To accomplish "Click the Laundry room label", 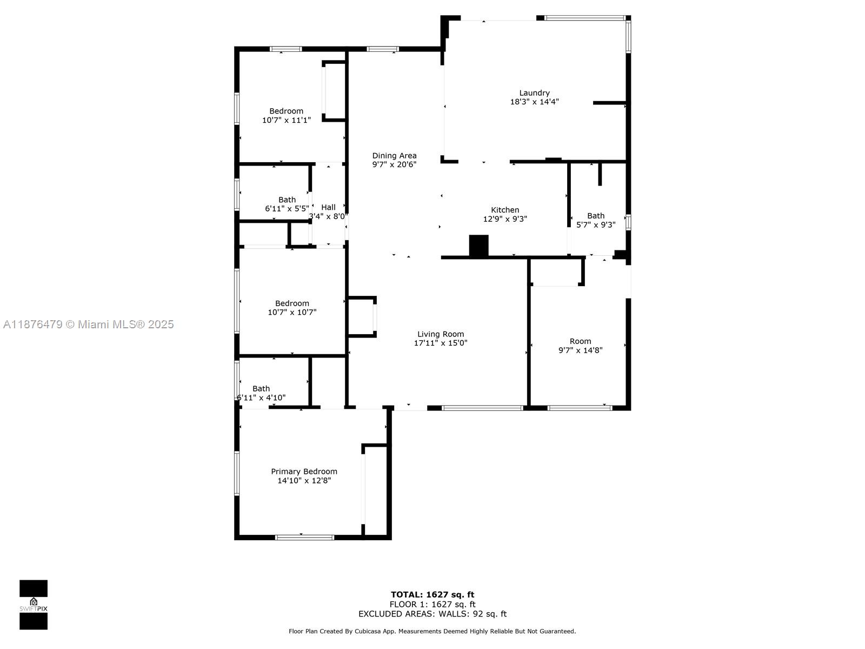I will click(x=534, y=93).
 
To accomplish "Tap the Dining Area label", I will click(x=394, y=156).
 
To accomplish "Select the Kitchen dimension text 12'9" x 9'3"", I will click(x=505, y=219).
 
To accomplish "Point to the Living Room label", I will click(x=441, y=334).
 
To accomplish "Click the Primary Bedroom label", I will click(x=304, y=472).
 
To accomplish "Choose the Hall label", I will click(x=328, y=207).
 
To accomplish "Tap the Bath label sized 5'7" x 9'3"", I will click(x=596, y=216).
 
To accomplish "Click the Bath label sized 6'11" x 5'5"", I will click(x=287, y=200).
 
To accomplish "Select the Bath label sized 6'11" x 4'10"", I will click(x=261, y=388).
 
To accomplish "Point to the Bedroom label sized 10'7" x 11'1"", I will click(x=287, y=111).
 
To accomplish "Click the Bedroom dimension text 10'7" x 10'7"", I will click(x=292, y=312).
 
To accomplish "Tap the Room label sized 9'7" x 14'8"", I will click(x=580, y=341).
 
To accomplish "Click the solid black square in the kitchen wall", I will click(x=478, y=246).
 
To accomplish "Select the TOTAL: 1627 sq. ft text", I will click(x=432, y=594).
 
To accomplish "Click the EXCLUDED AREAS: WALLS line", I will click(x=432, y=614).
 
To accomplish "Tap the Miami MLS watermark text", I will click(x=89, y=324).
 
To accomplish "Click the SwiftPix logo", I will click(x=34, y=605).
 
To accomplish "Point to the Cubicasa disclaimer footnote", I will click(x=432, y=631).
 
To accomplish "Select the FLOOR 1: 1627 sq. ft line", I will click(x=432, y=604).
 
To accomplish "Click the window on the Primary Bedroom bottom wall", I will click(x=304, y=537).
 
